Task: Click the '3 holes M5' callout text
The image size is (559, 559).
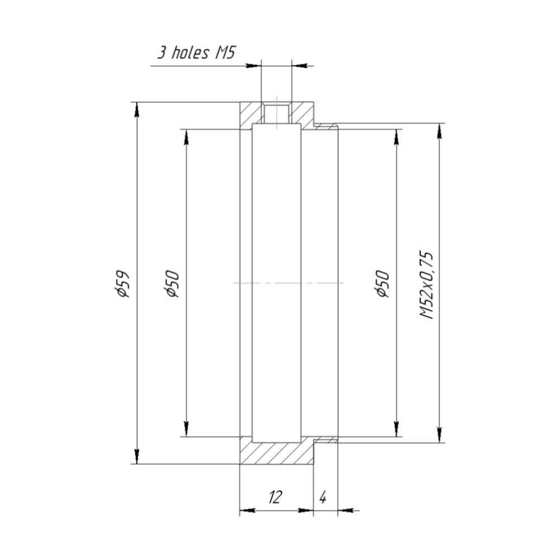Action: pos(196,53)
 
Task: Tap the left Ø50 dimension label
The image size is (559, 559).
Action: pos(172,283)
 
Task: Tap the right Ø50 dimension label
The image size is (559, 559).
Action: pos(382,283)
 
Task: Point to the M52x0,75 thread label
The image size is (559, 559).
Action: pos(427,285)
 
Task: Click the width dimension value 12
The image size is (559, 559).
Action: pos(275,496)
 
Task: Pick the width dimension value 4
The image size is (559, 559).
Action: pos(323,497)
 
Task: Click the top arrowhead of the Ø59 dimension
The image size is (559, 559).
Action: pos(136,109)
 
